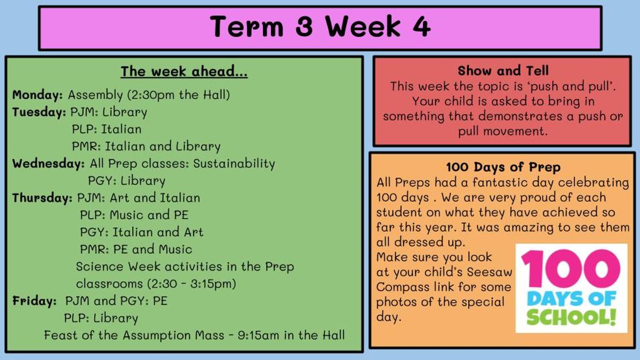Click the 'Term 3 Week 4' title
(x=320, y=27)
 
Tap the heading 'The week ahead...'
(x=184, y=71)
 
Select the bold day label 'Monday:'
(x=37, y=95)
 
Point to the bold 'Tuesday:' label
(x=39, y=113)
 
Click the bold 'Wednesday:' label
(x=49, y=164)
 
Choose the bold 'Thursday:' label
(x=42, y=198)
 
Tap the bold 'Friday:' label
(x=34, y=301)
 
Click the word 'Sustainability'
(x=234, y=164)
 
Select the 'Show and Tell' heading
(x=503, y=70)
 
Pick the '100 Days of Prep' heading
(x=503, y=167)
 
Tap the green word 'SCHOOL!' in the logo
(x=571, y=317)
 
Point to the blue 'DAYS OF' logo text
(x=571, y=299)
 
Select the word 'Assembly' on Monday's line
(x=95, y=95)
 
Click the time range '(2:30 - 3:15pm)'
(x=191, y=284)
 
